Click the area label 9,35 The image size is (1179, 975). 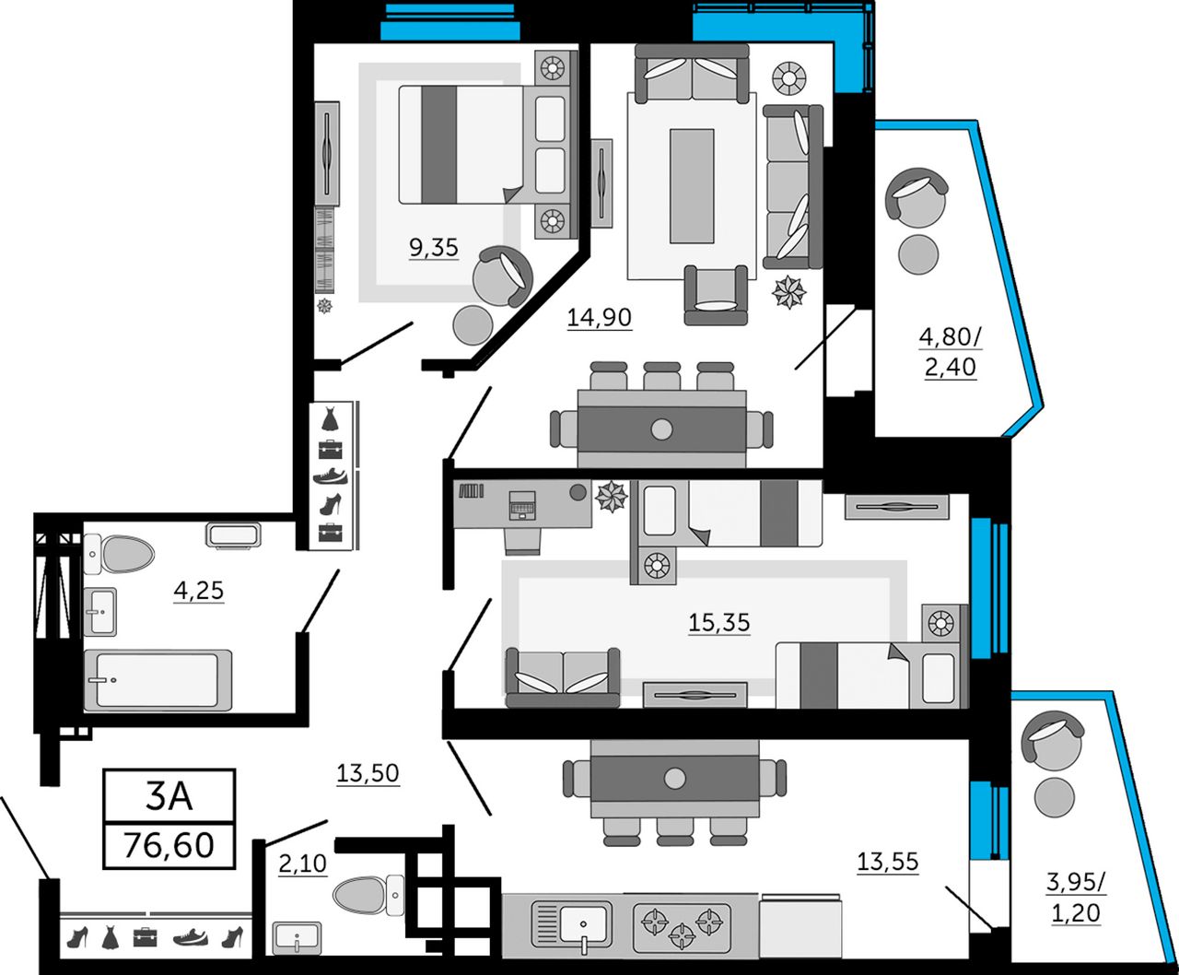(x=433, y=247)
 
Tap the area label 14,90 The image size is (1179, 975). (x=599, y=317)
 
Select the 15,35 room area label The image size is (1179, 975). (x=718, y=623)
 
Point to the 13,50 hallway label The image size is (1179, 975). (x=368, y=773)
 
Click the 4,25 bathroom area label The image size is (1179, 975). (x=199, y=591)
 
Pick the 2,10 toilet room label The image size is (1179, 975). (x=303, y=863)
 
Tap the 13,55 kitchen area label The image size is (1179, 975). (x=888, y=862)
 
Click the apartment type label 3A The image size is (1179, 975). (x=169, y=796)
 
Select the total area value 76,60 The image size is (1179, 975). (x=169, y=845)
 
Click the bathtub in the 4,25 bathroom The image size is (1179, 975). (x=158, y=680)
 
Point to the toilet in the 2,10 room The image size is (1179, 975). (x=368, y=896)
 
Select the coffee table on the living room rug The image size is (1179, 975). (x=692, y=186)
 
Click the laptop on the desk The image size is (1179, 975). (x=521, y=504)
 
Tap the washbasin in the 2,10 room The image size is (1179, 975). (x=297, y=938)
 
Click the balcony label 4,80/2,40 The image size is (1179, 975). (x=951, y=352)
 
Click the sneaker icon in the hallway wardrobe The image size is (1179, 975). (x=331, y=476)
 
